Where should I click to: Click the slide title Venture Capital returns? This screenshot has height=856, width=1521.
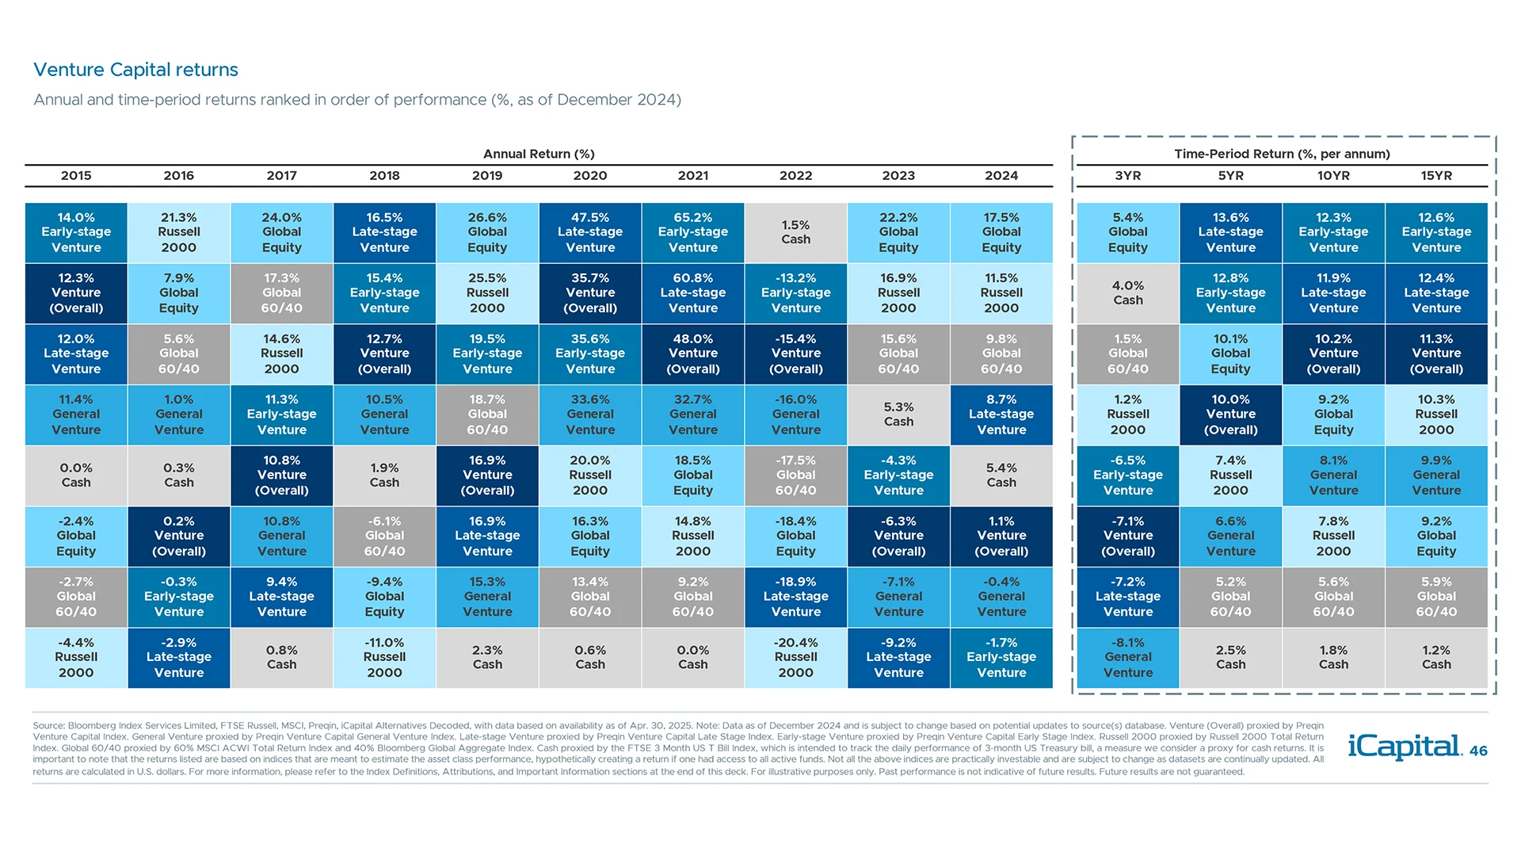[135, 70]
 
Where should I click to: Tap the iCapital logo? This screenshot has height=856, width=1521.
[1404, 747]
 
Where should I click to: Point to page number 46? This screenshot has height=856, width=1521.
[1478, 751]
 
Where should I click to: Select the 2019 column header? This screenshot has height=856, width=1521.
[487, 176]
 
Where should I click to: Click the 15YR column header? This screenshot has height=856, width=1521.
[1436, 176]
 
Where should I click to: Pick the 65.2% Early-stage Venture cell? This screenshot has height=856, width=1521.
[693, 232]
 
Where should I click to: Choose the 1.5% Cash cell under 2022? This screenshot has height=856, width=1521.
[795, 232]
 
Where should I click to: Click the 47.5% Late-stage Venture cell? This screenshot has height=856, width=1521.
[590, 232]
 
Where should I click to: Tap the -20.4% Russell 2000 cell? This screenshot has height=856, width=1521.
[795, 658]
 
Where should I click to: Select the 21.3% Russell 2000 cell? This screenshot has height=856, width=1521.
[179, 232]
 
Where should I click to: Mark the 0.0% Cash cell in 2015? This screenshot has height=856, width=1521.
[76, 476]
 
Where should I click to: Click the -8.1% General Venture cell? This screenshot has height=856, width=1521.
[1128, 658]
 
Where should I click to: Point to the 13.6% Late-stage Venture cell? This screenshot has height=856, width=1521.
[1230, 232]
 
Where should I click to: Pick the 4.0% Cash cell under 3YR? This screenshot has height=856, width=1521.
[1128, 293]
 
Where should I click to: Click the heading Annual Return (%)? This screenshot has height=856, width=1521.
[539, 154]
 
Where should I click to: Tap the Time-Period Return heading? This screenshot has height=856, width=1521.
[1282, 154]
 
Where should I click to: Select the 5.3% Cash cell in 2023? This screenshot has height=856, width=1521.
[898, 415]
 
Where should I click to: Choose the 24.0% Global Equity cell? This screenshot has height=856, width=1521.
[281, 232]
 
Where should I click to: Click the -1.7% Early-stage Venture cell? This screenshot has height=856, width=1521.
[1001, 658]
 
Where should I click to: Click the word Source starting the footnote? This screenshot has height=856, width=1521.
[48, 725]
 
